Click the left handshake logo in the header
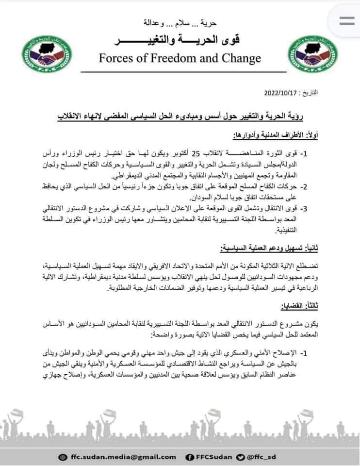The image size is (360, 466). pyautogui.click(x=48, y=55)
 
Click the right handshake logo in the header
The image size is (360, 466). pyautogui.click(x=306, y=55)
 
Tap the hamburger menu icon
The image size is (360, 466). pyautogui.click(x=347, y=21)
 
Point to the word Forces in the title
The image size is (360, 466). pyautogui.click(x=116, y=59)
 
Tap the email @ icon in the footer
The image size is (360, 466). pyautogui.click(x=62, y=457)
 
